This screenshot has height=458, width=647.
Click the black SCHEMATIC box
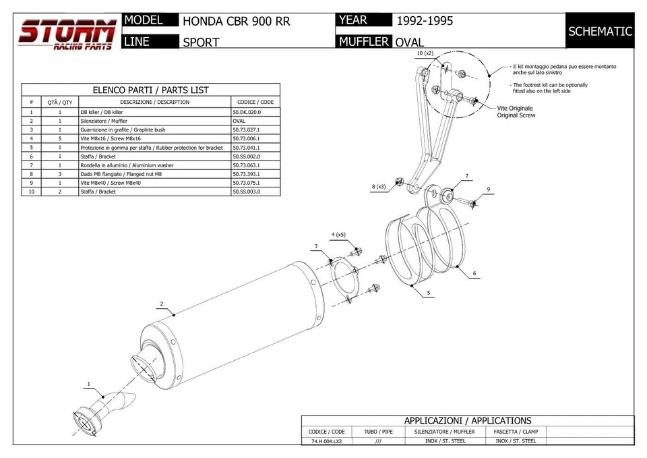pyautogui.click(x=600, y=31)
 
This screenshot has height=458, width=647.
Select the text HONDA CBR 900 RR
pyautogui.click(x=237, y=22)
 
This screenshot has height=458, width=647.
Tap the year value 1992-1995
pyautogui.click(x=424, y=21)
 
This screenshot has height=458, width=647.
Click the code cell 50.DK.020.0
pyautogui.click(x=247, y=112)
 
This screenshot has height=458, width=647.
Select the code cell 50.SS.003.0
pyautogui.click(x=247, y=192)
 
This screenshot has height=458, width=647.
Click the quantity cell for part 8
pyautogui.click(x=59, y=174)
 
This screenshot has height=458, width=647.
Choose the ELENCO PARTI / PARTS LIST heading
pyautogui.click(x=150, y=90)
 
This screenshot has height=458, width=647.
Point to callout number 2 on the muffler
pyautogui.click(x=162, y=304)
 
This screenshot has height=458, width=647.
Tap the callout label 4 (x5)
pyautogui.click(x=338, y=235)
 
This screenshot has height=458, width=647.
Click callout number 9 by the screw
pyautogui.click(x=488, y=190)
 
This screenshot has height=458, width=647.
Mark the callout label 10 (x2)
pyautogui.click(x=425, y=53)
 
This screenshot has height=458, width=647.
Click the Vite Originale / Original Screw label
pyautogui.click(x=516, y=112)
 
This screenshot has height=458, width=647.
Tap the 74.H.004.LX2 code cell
pyautogui.click(x=326, y=441)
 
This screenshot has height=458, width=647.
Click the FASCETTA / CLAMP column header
pyautogui.click(x=516, y=431)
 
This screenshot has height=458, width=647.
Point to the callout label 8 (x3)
pyautogui.click(x=378, y=187)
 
